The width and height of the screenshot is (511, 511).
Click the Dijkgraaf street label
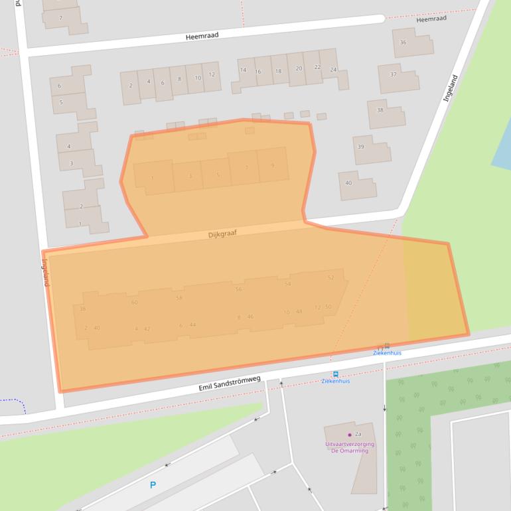coord(222,234)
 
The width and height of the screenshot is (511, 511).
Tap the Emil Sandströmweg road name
coord(230,383)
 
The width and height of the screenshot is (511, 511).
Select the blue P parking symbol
coord(153,485)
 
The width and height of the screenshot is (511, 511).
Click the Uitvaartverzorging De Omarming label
coord(349,447)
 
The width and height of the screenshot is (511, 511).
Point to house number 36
coord(403,42)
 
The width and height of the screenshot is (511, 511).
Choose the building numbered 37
coord(393,74)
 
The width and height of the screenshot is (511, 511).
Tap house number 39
coord(361,147)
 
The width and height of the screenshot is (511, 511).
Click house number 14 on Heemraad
coord(243,70)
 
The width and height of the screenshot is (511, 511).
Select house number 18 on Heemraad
coord(278,71)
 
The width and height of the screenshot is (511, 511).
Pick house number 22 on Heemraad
coord(317,67)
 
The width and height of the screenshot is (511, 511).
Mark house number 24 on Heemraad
coord(333,70)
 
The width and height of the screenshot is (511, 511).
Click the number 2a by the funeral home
coord(358,434)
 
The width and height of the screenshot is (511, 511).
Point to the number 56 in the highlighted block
coord(239,289)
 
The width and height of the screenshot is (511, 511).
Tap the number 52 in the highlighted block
coord(330,277)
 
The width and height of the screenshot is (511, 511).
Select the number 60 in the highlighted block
coord(135,303)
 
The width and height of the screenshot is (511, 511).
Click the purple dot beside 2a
coord(350,435)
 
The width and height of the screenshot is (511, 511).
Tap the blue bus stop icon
coord(335,374)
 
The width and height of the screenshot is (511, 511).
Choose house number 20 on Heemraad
coord(299,68)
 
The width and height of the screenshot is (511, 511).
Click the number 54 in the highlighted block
coord(287,284)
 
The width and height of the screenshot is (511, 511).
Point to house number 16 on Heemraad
coord(258,72)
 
